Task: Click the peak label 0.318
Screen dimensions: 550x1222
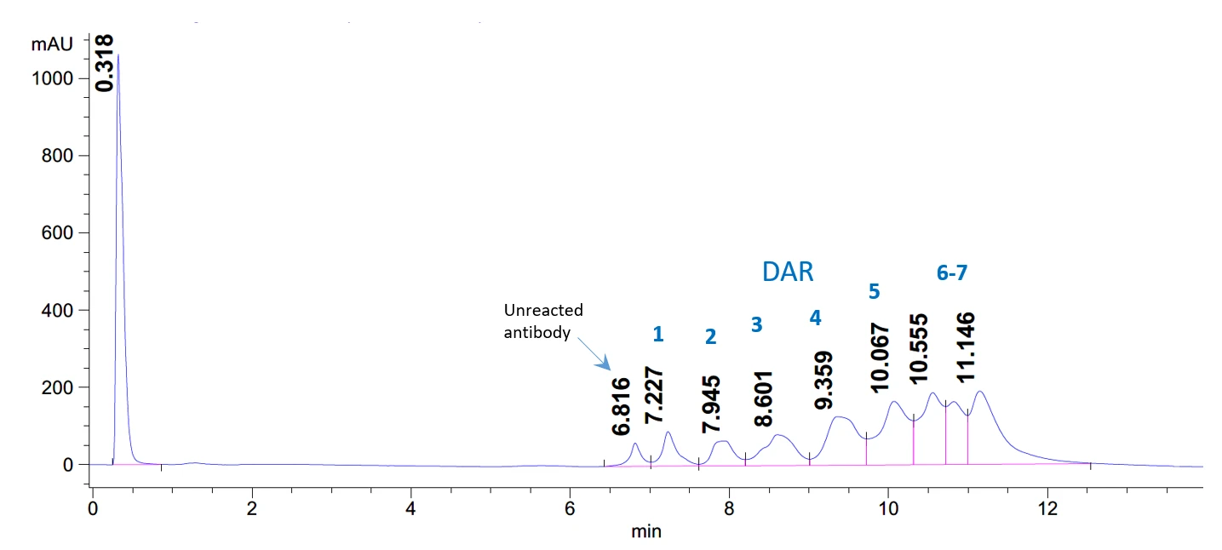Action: click(105, 63)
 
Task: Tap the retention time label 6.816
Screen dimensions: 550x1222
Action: click(622, 406)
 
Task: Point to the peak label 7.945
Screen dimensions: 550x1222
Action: click(711, 403)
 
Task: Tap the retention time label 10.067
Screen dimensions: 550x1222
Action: click(881, 358)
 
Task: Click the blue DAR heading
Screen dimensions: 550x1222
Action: click(788, 272)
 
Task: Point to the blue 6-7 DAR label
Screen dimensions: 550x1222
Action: click(952, 272)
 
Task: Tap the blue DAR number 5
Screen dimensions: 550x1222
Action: click(874, 291)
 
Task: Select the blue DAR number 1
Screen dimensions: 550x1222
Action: click(657, 335)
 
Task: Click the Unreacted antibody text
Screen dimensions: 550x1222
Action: click(543, 321)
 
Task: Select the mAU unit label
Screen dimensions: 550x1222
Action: click(47, 44)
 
